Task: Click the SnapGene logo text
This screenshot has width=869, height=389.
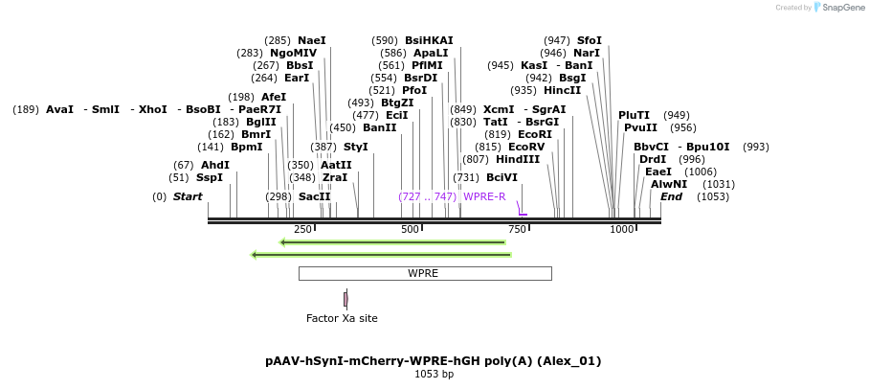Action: [x=843, y=8]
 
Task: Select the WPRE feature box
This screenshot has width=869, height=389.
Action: [x=424, y=273]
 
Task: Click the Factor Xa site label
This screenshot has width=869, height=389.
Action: [x=342, y=318]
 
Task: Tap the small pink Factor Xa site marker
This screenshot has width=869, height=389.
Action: [x=345, y=299]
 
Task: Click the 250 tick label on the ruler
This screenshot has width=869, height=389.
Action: [x=302, y=229]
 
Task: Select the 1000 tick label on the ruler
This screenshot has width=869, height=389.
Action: [x=622, y=229]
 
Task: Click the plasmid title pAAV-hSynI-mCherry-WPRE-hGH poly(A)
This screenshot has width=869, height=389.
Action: [x=433, y=361]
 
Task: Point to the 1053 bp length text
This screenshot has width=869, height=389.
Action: [x=434, y=375]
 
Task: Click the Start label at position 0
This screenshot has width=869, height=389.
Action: [x=188, y=196]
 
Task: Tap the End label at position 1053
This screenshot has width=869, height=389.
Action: [x=671, y=196]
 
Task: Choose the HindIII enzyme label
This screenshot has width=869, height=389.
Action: [x=518, y=159]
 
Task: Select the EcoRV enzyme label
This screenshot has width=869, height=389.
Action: [x=526, y=147]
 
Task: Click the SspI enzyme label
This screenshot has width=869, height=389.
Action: [x=209, y=177]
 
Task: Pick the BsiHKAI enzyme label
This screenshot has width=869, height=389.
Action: [x=429, y=40]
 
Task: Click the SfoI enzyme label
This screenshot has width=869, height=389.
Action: [x=590, y=40]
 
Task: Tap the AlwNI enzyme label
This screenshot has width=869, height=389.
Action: [x=669, y=184]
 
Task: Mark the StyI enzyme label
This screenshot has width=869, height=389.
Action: [x=355, y=147]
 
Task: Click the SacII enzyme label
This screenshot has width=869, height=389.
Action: [x=314, y=196]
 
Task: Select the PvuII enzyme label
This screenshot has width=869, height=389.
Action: [x=640, y=127]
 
